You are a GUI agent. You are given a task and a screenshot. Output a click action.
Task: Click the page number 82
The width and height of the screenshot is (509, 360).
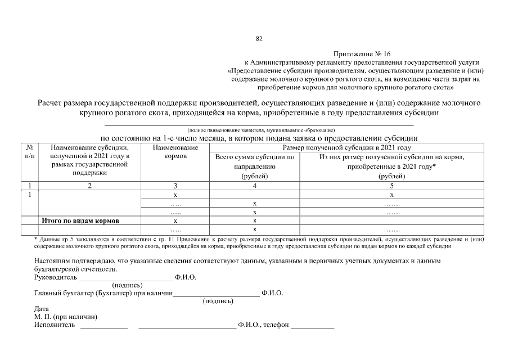[x=259, y=39]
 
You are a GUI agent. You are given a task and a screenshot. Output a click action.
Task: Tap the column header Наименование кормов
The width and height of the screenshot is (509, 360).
[x=175, y=152]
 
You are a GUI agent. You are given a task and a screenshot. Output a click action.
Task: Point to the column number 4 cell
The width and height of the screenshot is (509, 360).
[x=254, y=185]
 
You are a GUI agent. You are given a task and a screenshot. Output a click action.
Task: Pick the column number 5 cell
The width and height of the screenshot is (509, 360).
[x=391, y=185]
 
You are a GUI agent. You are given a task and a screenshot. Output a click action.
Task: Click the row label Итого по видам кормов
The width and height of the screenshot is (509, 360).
[x=81, y=220]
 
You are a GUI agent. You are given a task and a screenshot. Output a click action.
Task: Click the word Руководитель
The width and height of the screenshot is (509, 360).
[x=55, y=277]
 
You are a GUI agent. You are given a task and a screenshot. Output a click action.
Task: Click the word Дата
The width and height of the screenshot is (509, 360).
[x=42, y=309]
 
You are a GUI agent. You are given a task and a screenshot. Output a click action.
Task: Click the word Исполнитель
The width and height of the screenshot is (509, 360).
[x=55, y=325]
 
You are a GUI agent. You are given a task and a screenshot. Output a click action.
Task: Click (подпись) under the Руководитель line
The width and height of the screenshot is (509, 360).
[x=128, y=285]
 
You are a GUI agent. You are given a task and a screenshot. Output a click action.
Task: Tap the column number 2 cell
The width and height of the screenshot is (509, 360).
[x=89, y=185]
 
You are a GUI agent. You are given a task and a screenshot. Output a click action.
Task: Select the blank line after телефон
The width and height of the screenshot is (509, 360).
[x=312, y=326]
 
